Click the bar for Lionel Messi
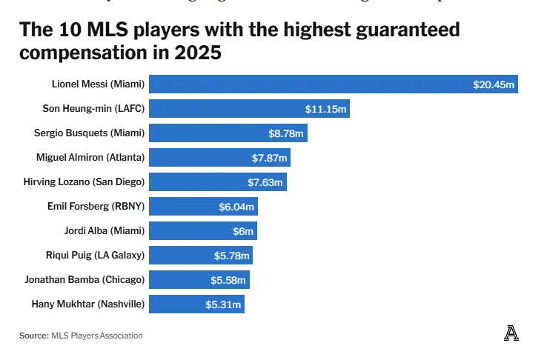pos(311,84)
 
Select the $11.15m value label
pos(326,109)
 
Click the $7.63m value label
pos(265,182)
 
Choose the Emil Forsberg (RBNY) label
pos(96,206)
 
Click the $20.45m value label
pos(494,84)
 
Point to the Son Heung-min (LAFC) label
pos(93,109)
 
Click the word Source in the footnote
pos(33,336)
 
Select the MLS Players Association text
pos(96,336)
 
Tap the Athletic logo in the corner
pos(511,333)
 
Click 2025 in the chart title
pos(200,54)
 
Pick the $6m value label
pos(243,230)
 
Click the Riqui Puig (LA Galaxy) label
pos(95,256)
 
